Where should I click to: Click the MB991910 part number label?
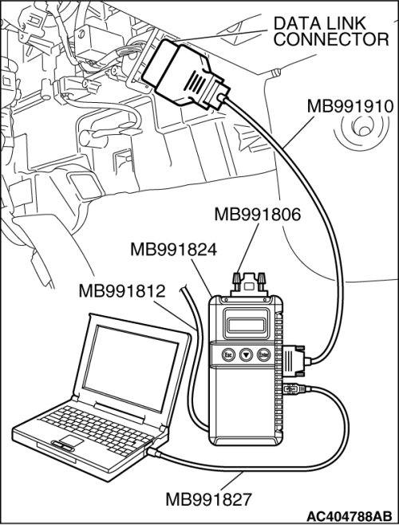click(350, 107)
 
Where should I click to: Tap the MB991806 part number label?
click(257, 215)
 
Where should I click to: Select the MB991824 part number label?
click(173, 250)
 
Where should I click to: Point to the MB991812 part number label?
click(122, 291)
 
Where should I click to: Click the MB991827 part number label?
click(208, 499)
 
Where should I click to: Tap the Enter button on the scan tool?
click(263, 355)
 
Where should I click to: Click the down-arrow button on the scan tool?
click(247, 355)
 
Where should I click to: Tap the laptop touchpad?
click(70, 441)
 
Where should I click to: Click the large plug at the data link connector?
click(186, 74)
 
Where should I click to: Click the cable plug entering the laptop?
click(155, 452)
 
